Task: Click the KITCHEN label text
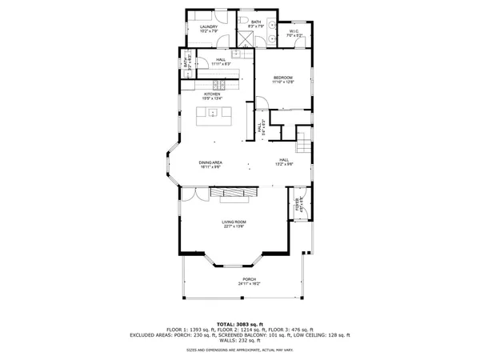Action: [x=211, y=94]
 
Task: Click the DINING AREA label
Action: [x=210, y=162]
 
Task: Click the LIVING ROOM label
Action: [x=234, y=222]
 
